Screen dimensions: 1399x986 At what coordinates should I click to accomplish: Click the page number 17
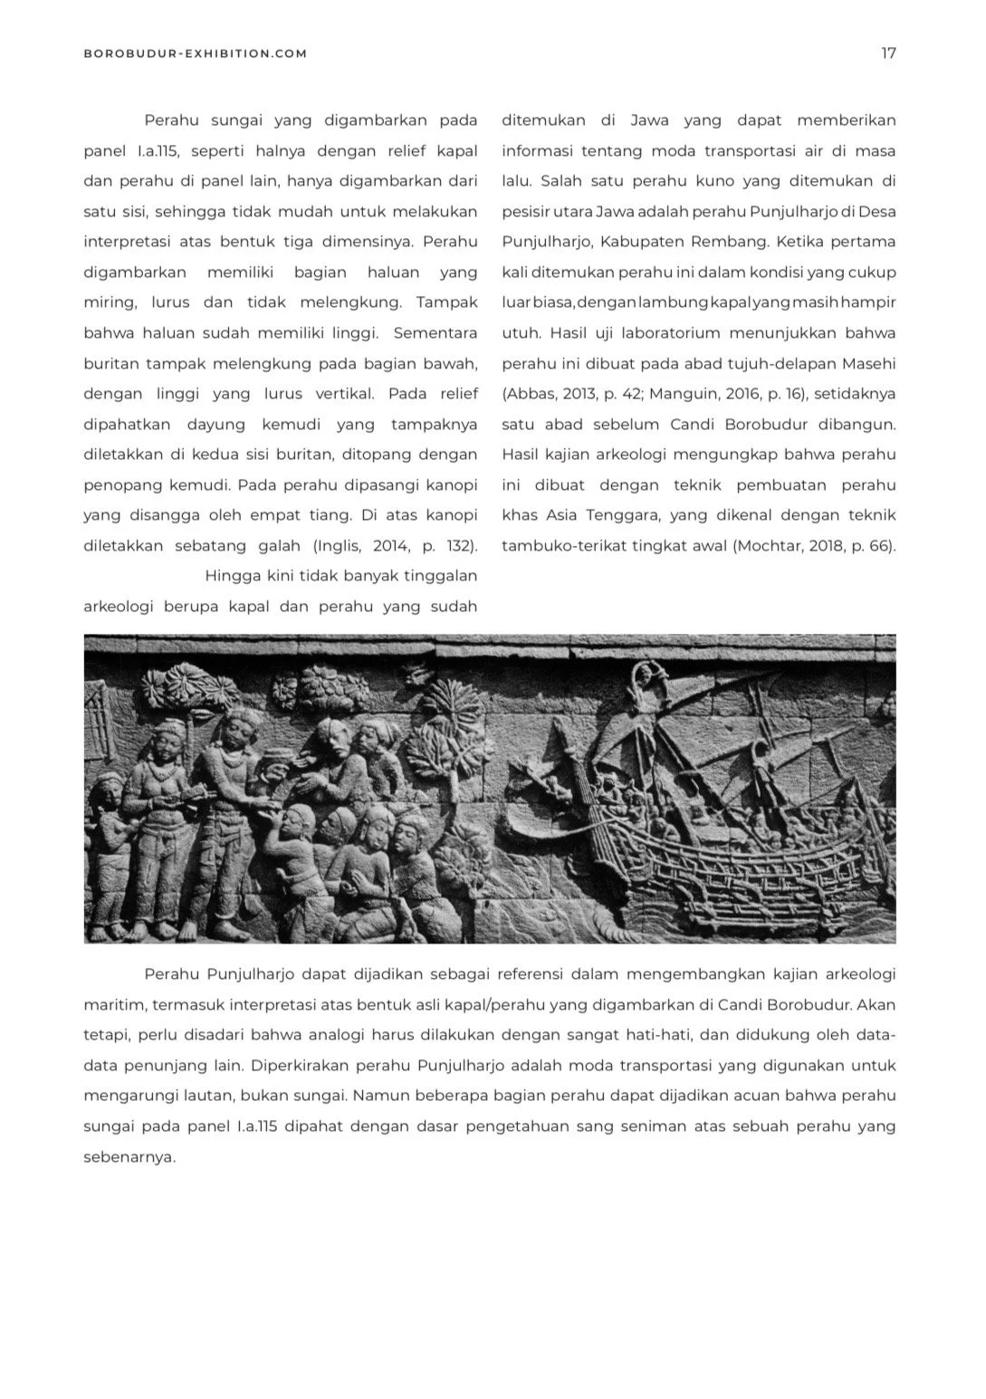[888, 53]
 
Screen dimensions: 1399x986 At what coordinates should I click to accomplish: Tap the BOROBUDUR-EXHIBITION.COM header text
[195, 53]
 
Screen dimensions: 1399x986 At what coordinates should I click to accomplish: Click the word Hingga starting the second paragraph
[233, 576]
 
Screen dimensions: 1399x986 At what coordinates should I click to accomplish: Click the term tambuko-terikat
[560, 546]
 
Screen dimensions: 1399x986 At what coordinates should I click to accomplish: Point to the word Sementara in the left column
[436, 333]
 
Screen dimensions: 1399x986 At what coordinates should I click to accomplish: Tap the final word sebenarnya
[129, 1157]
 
